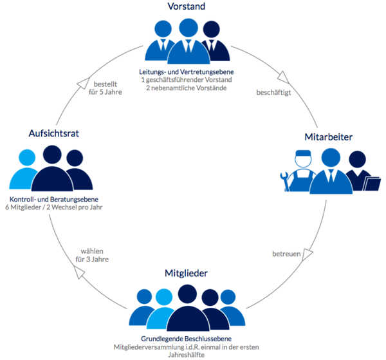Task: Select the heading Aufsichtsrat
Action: pos(53,133)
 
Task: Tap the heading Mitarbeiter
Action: pos(328,137)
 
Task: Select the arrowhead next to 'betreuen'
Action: pos(307,256)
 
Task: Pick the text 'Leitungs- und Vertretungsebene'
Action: pos(187,71)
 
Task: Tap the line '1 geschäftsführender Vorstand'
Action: pos(187,80)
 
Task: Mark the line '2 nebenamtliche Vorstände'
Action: pos(187,88)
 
